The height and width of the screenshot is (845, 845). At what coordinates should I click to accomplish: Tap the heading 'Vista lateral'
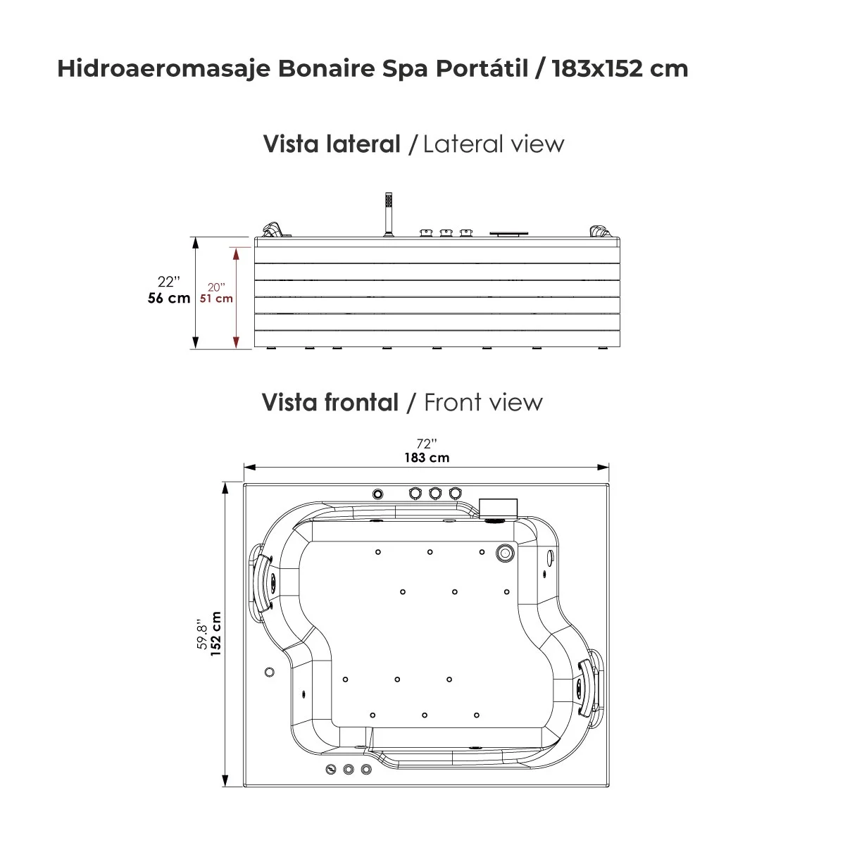[332, 144]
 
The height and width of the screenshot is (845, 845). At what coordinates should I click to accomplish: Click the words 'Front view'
[483, 403]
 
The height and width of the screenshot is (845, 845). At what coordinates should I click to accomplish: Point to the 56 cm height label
[169, 298]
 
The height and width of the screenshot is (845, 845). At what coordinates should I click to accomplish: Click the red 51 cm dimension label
[216, 299]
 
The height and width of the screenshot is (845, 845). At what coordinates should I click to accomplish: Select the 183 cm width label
[427, 458]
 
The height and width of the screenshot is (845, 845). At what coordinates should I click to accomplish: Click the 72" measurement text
[427, 443]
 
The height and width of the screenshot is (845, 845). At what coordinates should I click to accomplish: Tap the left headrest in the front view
[263, 583]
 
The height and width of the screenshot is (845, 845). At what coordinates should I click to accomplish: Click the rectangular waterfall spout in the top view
[499, 507]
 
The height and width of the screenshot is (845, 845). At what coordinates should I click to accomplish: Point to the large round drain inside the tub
[504, 553]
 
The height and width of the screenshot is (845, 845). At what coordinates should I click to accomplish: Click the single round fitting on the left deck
[269, 672]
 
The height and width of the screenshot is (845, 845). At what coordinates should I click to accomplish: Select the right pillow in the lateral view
[599, 230]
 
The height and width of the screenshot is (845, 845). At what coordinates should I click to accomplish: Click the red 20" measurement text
[216, 287]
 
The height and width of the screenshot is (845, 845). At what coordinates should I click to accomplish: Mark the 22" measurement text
[169, 282]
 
